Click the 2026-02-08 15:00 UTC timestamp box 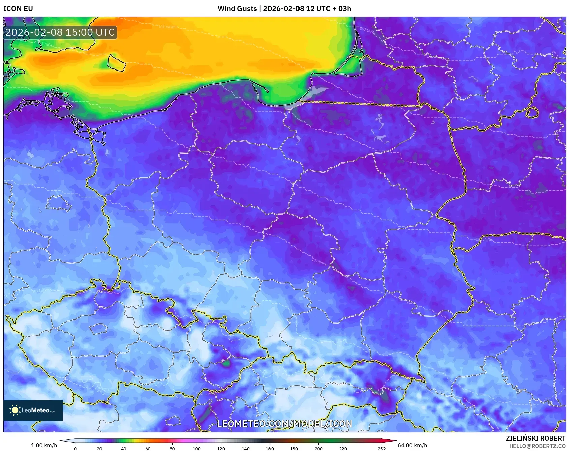click(x=60, y=32)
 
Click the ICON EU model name click(x=18, y=9)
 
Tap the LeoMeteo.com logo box click(x=33, y=410)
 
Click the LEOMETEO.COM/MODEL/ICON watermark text click(x=284, y=424)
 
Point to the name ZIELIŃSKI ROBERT click(x=535, y=438)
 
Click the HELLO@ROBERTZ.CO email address click(x=537, y=446)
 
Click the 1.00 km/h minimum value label click(x=44, y=445)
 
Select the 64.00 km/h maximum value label click(x=412, y=445)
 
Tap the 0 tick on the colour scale click(x=75, y=449)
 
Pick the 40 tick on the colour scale click(x=124, y=449)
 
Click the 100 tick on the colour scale click(x=197, y=449)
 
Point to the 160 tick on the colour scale click(x=270, y=449)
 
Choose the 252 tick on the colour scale click(x=381, y=449)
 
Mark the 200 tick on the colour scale click(x=318, y=449)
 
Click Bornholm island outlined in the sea click(x=116, y=63)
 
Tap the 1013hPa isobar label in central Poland click(x=319, y=262)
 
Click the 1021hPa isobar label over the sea click(x=367, y=30)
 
